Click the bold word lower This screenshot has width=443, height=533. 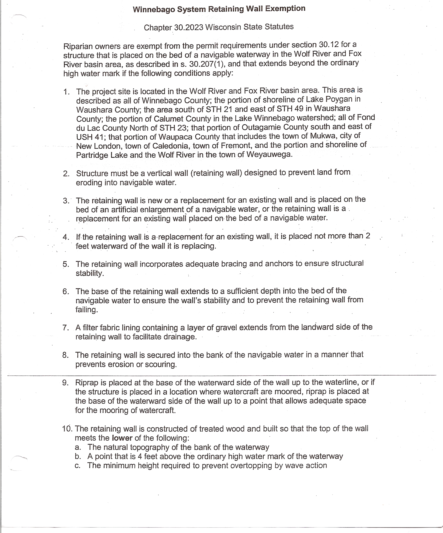click(122, 438)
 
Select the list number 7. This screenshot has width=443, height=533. click(65, 328)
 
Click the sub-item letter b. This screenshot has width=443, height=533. click(78, 456)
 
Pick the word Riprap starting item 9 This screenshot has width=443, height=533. click(87, 382)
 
